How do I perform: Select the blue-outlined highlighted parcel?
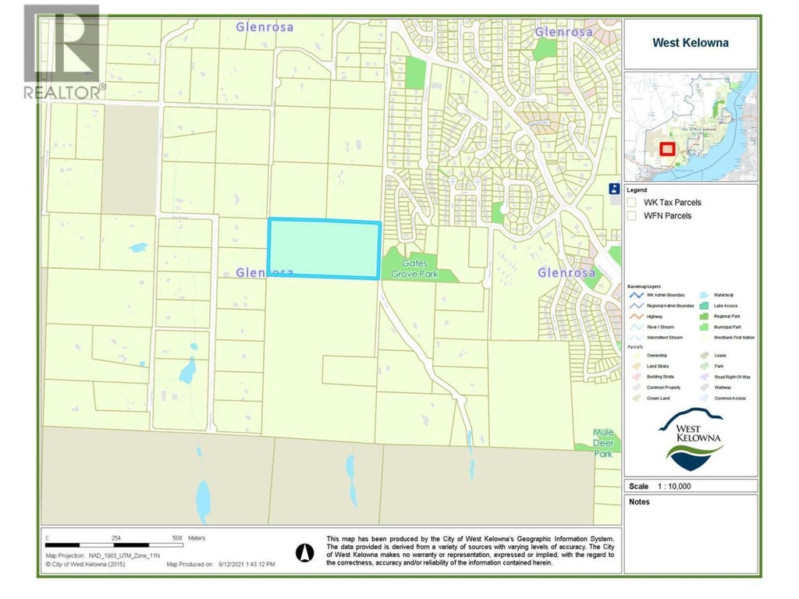(x=325, y=249)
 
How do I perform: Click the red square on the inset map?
(x=667, y=150)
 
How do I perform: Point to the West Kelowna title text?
(x=691, y=43)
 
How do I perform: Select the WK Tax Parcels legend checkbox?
(x=632, y=203)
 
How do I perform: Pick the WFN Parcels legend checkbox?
(x=632, y=216)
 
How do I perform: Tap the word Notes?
(x=639, y=502)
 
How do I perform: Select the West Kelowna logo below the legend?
(x=691, y=441)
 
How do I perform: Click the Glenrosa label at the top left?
(x=265, y=27)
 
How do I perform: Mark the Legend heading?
(x=637, y=190)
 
